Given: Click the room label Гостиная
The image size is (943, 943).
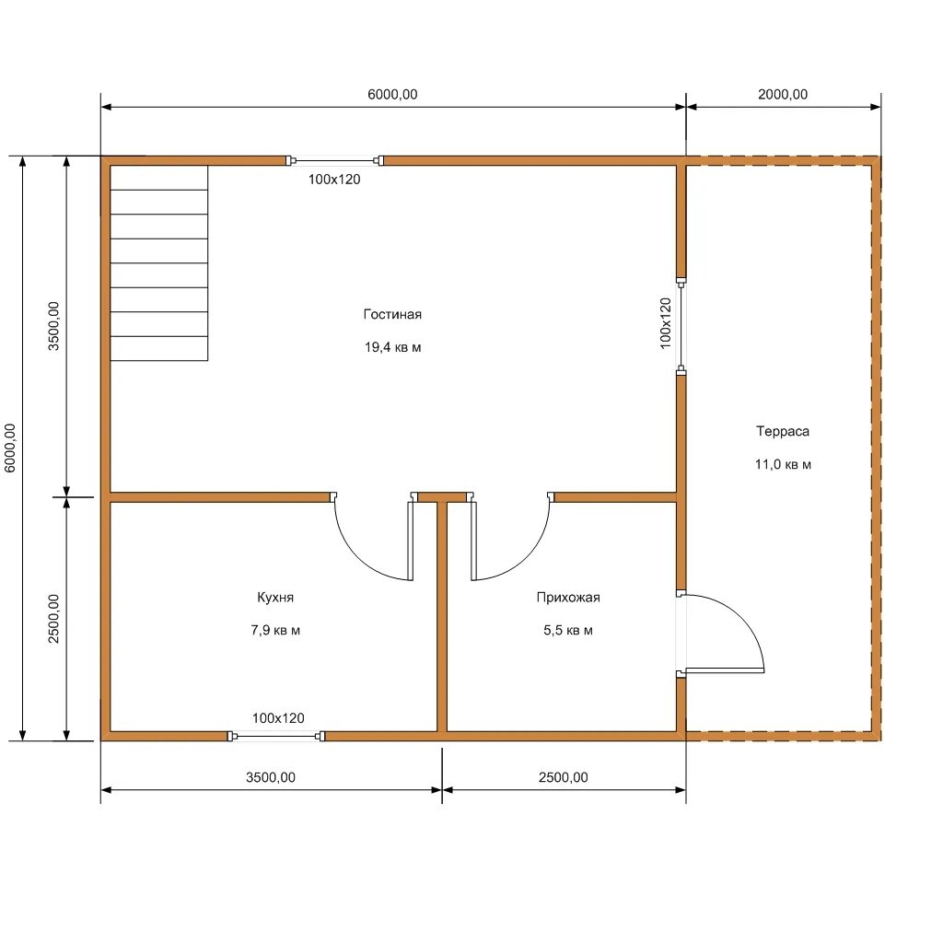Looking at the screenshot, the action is pos(392,314).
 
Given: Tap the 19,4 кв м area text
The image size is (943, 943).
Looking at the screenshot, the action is pos(392,347).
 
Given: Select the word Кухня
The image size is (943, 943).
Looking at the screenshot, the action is pos(275,597).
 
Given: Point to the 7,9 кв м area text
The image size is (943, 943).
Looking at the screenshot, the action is pos(275,630).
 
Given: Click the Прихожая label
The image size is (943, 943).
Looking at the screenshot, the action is pos(568,597).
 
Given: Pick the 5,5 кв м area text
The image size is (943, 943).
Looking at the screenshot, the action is pos(568,630).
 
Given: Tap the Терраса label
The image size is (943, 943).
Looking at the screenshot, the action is pos(783,431).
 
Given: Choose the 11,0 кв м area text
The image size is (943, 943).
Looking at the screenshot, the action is pos(783,464).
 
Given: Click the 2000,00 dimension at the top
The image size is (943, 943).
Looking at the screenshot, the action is pos(783,95).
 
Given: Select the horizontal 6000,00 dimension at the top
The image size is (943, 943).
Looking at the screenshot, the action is pos(392,95).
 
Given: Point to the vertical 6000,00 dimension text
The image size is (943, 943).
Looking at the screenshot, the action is pos(10,448).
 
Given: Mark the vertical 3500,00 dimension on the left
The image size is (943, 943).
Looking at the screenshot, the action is pos(53,326).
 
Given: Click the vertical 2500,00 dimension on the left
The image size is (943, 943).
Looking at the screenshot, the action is pos(53,619).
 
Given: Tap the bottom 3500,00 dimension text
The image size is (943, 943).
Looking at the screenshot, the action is pos(271,777).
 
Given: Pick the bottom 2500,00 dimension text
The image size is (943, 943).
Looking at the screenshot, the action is pos(564,777).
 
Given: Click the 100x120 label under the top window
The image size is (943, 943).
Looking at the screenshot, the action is pos(334,180).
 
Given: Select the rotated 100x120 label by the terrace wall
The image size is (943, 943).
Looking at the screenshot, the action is pos(665,323).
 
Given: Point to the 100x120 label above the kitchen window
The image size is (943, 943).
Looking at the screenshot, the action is pos(278,718).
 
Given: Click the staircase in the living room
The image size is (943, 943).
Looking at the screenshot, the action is pos(159,262).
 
